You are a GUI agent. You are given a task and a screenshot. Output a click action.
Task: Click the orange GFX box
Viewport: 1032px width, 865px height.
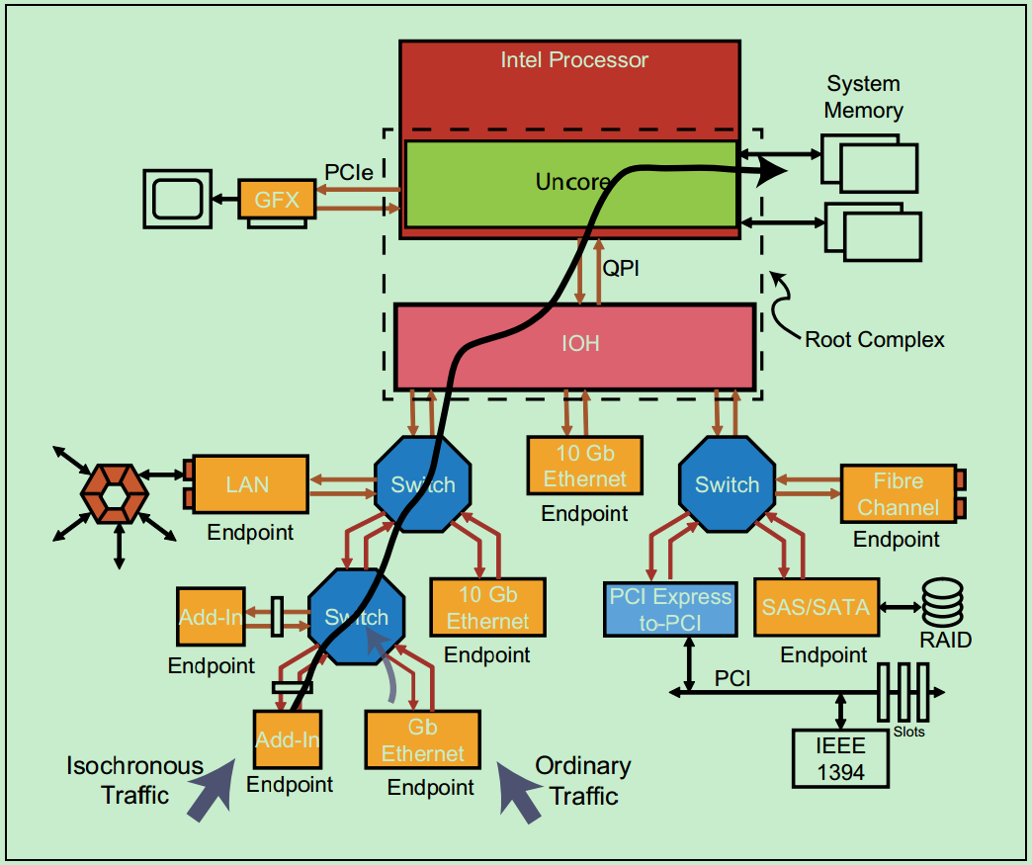click(x=277, y=200)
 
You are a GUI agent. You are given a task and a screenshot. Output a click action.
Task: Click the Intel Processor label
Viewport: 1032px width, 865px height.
click(x=574, y=60)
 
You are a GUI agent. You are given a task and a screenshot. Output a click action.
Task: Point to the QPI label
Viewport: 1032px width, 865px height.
click(x=621, y=268)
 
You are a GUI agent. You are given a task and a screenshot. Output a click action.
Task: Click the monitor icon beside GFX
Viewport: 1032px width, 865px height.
click(x=179, y=199)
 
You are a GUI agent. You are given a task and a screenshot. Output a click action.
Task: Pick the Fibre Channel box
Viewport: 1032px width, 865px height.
click(x=898, y=494)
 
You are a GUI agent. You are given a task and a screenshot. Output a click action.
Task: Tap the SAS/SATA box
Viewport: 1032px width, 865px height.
click(x=816, y=607)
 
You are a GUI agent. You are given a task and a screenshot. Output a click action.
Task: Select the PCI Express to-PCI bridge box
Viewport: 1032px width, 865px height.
click(x=670, y=609)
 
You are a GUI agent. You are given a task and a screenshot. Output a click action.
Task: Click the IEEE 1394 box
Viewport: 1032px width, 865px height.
click(x=840, y=758)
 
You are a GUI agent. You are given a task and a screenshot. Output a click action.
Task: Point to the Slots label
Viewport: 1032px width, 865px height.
click(x=907, y=733)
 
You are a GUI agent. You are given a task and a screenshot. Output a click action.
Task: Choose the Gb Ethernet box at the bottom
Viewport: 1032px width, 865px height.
click(x=422, y=739)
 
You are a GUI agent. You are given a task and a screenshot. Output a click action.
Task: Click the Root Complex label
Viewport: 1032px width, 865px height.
click(x=874, y=340)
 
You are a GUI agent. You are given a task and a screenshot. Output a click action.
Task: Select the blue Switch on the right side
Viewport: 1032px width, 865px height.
click(x=727, y=484)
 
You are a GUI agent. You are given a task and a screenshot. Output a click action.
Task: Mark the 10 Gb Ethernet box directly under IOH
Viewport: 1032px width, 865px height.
click(x=584, y=467)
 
